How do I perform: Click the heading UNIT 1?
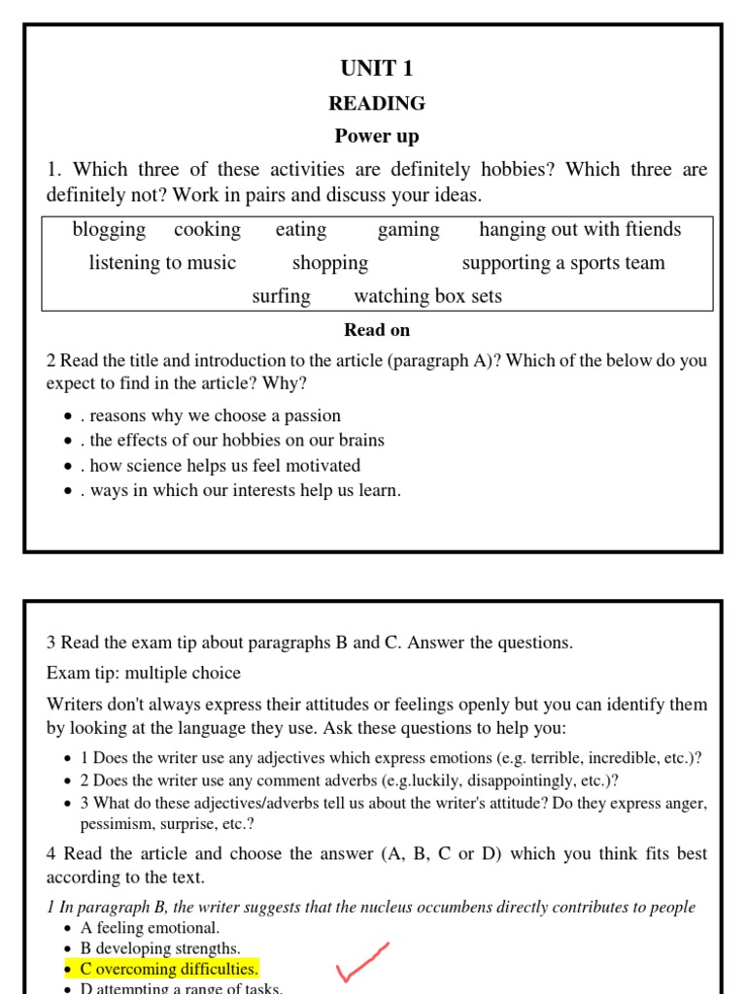[x=377, y=68]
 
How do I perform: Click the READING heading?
[x=377, y=103]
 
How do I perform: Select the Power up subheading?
[x=377, y=136]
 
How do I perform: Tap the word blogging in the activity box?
[x=109, y=230]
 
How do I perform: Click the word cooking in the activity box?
[x=207, y=230]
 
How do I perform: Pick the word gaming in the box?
[x=408, y=230]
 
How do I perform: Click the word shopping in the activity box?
[x=330, y=263]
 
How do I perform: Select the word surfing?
[x=281, y=296]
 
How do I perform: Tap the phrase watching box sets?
[x=428, y=296]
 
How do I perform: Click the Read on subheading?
[x=377, y=330]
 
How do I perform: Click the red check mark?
[x=362, y=962]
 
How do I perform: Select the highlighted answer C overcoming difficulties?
[x=169, y=969]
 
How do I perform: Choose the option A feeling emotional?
[x=150, y=927]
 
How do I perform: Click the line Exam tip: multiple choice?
[x=144, y=673]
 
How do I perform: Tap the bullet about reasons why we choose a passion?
[x=215, y=415]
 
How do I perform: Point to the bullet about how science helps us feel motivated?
[x=224, y=465]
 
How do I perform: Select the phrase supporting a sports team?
[x=563, y=263]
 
